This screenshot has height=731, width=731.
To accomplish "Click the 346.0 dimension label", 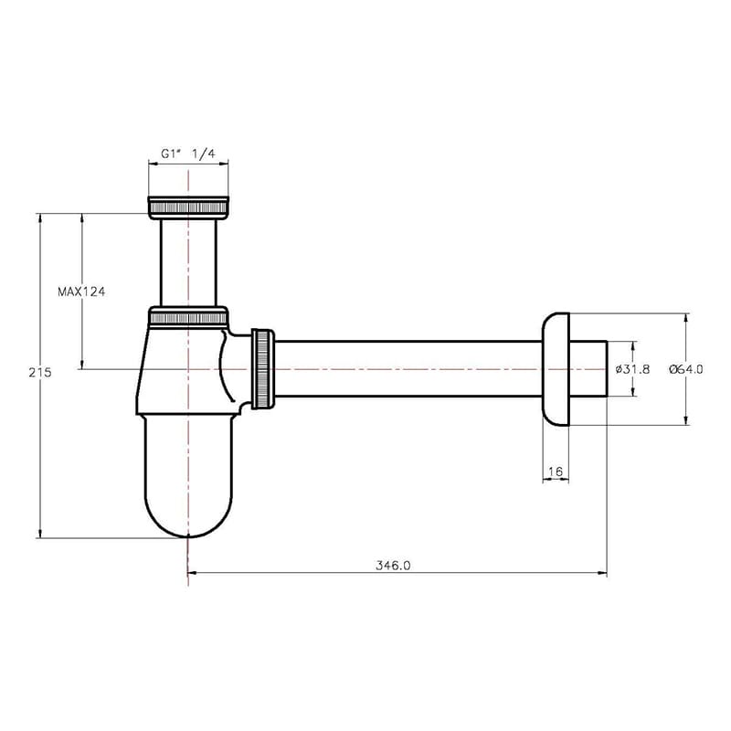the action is click(393, 566).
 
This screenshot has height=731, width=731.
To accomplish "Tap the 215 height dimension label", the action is click(40, 373).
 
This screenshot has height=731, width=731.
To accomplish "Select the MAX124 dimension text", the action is click(81, 291).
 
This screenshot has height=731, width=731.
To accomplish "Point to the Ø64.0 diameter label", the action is click(686, 369).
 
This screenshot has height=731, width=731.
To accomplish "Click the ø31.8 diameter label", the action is click(632, 369).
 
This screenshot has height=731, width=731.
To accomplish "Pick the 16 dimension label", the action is click(556, 471).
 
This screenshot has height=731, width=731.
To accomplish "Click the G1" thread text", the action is click(171, 154).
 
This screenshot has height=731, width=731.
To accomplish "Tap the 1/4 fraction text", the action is click(204, 154).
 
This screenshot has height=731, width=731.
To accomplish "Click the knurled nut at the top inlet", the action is click(188, 207).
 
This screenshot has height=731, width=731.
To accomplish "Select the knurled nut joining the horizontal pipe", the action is click(263, 369).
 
